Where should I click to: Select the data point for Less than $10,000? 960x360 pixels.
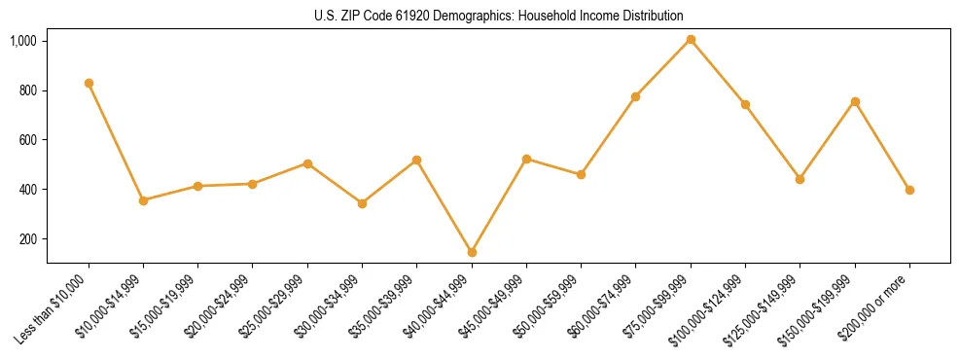pos(89,84)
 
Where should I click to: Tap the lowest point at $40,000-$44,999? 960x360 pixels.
pos(472,252)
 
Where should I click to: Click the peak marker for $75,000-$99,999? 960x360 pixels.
pos(691,40)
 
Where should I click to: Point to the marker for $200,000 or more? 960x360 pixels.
pos(909,190)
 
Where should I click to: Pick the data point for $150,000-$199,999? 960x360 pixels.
pos(855,101)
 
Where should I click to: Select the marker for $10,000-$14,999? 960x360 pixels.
pos(143,200)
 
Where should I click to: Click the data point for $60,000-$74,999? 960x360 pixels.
pos(636,96)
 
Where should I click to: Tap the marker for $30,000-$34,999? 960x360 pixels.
pos(362,203)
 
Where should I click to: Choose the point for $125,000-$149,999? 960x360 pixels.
pos(800,179)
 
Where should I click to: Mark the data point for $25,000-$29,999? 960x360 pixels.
pos(307,163)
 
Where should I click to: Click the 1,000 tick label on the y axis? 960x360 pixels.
pos(23,41)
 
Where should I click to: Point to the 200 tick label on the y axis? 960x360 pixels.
pos(27,238)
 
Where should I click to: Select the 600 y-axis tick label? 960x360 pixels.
pos(27,140)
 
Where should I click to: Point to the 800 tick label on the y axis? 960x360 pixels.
pos(27,90)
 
